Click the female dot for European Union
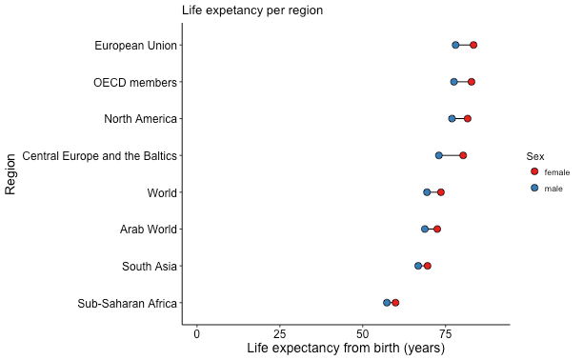(x=473, y=46)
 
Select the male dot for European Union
(x=455, y=46)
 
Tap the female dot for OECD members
(x=472, y=82)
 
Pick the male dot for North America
(x=452, y=119)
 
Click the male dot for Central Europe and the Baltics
(x=439, y=155)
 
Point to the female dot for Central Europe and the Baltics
(x=463, y=155)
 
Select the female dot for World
(x=441, y=192)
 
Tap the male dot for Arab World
(x=425, y=230)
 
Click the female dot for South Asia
(x=428, y=266)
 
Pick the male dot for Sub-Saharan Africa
(x=387, y=303)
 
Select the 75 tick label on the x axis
(x=444, y=333)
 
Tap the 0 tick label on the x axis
(x=197, y=333)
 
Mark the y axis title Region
(x=11, y=173)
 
